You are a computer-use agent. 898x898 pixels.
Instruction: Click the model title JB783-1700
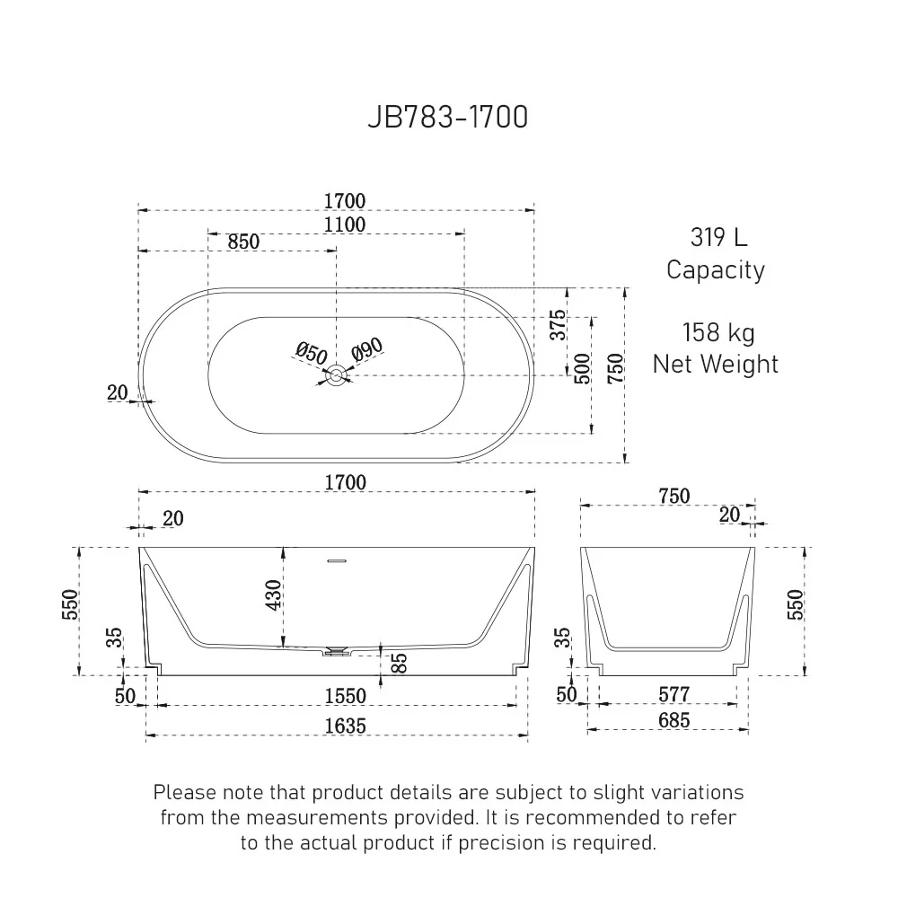447,118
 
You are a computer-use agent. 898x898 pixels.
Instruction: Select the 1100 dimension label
344,224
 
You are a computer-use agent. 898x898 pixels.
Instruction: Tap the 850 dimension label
242,242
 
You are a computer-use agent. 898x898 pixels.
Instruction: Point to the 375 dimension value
559,324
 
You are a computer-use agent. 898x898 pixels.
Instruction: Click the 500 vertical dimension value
583,369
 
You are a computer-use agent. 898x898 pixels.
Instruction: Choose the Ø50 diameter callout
311,354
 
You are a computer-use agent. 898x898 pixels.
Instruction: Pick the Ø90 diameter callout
367,350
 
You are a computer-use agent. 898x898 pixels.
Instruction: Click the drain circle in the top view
337,376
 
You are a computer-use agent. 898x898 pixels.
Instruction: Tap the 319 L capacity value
718,237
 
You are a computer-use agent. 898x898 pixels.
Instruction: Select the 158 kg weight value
718,332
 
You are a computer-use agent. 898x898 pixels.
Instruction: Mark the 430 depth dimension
274,594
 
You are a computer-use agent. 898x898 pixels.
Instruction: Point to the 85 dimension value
400,663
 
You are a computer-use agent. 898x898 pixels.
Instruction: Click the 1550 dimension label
345,696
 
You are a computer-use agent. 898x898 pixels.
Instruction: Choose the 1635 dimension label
345,726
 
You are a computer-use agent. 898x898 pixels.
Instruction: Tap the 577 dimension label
673,694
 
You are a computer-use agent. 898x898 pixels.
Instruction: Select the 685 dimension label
673,720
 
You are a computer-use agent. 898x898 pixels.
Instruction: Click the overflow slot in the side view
337,561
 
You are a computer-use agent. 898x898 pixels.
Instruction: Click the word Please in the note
184,792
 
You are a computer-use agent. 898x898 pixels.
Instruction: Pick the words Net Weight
716,364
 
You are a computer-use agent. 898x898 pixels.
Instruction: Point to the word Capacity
716,269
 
